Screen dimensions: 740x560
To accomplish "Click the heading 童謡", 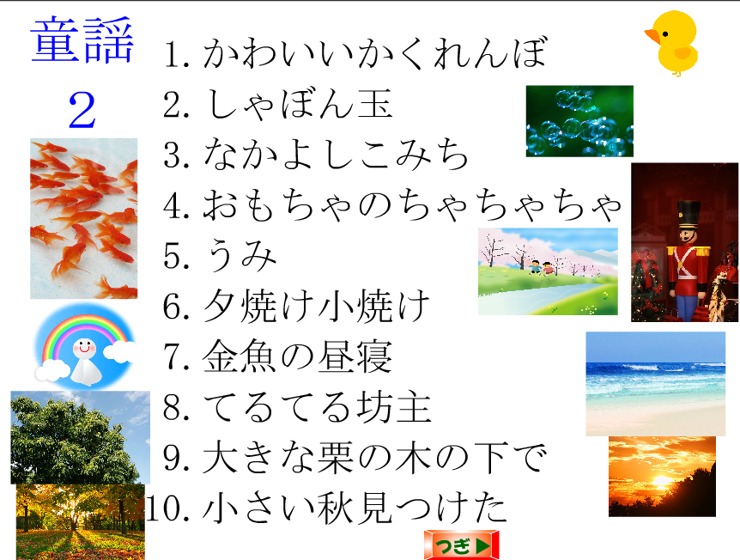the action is (x=82, y=40).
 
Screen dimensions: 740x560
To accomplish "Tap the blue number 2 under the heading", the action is (x=82, y=110).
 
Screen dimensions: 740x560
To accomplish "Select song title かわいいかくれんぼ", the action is (x=375, y=52).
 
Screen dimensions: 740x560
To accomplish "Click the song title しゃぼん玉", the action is (x=298, y=104).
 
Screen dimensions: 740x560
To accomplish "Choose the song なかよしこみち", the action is (x=336, y=154).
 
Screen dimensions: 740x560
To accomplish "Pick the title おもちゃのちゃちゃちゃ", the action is (x=412, y=204).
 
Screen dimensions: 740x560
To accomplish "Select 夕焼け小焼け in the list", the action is (x=316, y=306).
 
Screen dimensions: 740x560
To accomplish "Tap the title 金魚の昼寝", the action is (x=297, y=356).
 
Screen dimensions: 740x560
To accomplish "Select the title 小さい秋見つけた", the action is (x=355, y=508).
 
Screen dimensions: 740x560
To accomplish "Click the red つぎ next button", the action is (x=461, y=545).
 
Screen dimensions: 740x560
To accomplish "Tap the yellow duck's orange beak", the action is (x=652, y=36).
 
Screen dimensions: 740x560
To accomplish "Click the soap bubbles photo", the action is (x=579, y=121).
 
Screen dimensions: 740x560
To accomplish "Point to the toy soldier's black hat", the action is (x=688, y=216).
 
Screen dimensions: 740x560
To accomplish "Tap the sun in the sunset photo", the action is (x=662, y=481).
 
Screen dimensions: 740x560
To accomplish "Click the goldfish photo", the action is (x=84, y=219).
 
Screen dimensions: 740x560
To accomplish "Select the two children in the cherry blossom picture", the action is (x=542, y=268).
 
